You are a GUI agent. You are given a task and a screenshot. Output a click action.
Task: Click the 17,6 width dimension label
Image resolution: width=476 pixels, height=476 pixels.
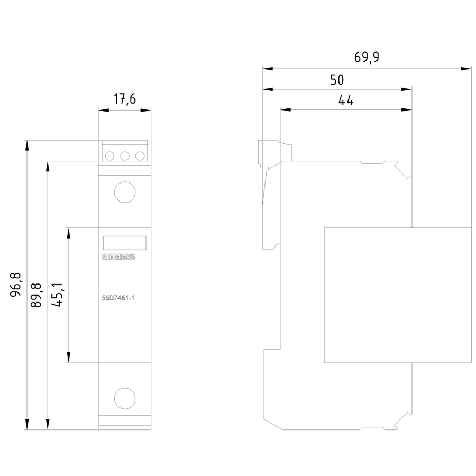(125, 99)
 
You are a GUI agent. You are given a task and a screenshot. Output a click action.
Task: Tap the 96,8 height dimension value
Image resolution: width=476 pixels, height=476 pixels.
(15, 285)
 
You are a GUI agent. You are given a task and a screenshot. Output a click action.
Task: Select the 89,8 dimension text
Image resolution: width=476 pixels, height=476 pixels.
(36, 295)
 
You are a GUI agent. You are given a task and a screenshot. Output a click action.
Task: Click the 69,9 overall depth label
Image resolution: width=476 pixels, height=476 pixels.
(367, 57)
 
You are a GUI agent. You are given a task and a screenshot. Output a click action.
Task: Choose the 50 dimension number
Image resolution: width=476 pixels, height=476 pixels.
(337, 80)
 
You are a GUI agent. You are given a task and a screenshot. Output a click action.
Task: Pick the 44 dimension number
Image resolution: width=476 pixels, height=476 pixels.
(346, 100)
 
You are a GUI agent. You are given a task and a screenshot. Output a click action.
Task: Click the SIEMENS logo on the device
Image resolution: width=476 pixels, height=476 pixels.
(118, 257)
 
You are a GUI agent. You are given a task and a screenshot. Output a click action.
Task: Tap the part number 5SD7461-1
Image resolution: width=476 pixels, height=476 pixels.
(118, 298)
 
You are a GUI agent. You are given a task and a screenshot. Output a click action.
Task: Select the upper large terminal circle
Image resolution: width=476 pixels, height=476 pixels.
(125, 192)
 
